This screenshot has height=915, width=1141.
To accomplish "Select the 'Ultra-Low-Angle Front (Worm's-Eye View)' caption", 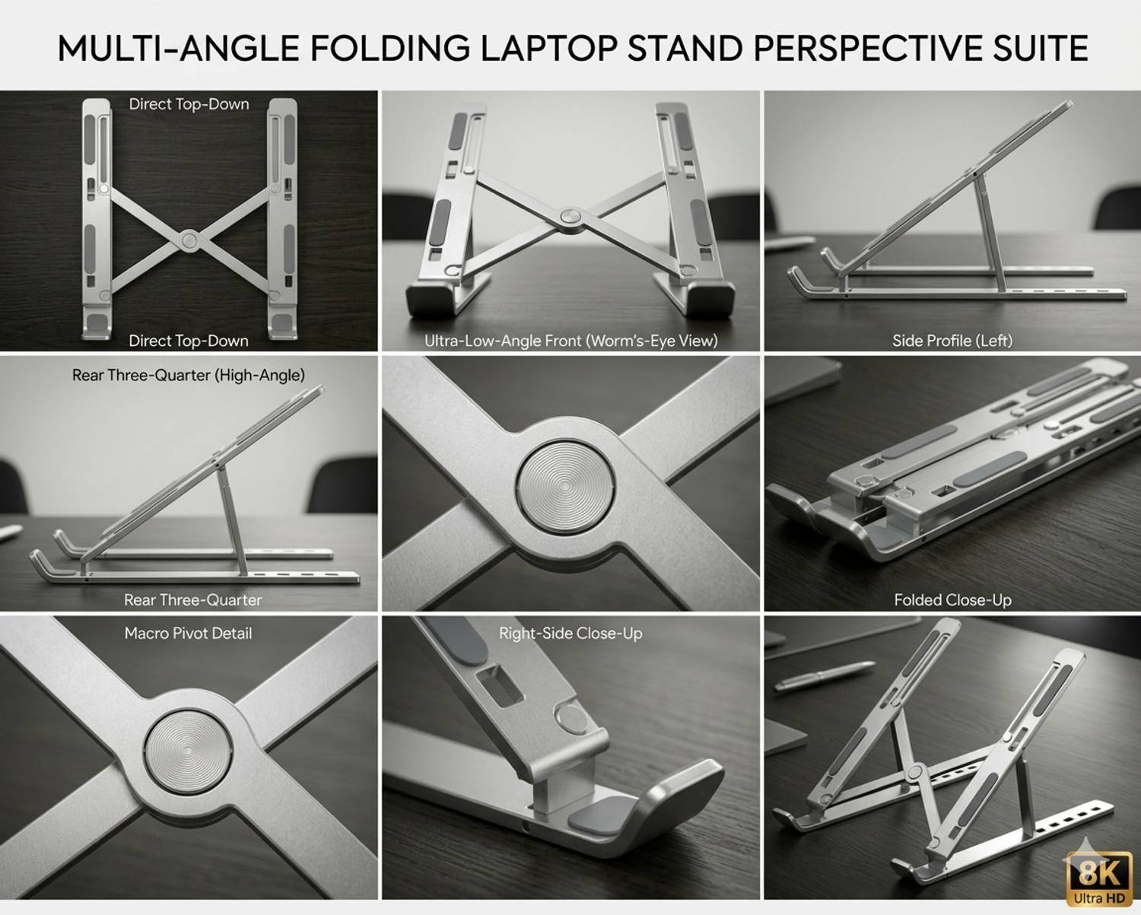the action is click(x=570, y=340).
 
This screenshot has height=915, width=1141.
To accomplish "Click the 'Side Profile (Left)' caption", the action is click(x=952, y=340).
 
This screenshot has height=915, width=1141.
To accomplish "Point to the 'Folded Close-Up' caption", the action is click(x=953, y=600).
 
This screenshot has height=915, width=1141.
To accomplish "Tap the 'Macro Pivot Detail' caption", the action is click(x=188, y=633).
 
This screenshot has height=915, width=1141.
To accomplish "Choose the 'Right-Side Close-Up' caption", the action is click(x=570, y=633).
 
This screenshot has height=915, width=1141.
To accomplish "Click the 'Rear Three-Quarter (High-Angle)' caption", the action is click(x=188, y=375).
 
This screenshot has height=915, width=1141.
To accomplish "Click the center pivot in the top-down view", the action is click(x=189, y=240).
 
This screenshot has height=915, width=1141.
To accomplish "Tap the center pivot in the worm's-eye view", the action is click(x=570, y=218).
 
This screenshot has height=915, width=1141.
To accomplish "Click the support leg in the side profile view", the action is click(x=990, y=234).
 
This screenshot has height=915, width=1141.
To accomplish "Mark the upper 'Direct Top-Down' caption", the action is click(x=189, y=104).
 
